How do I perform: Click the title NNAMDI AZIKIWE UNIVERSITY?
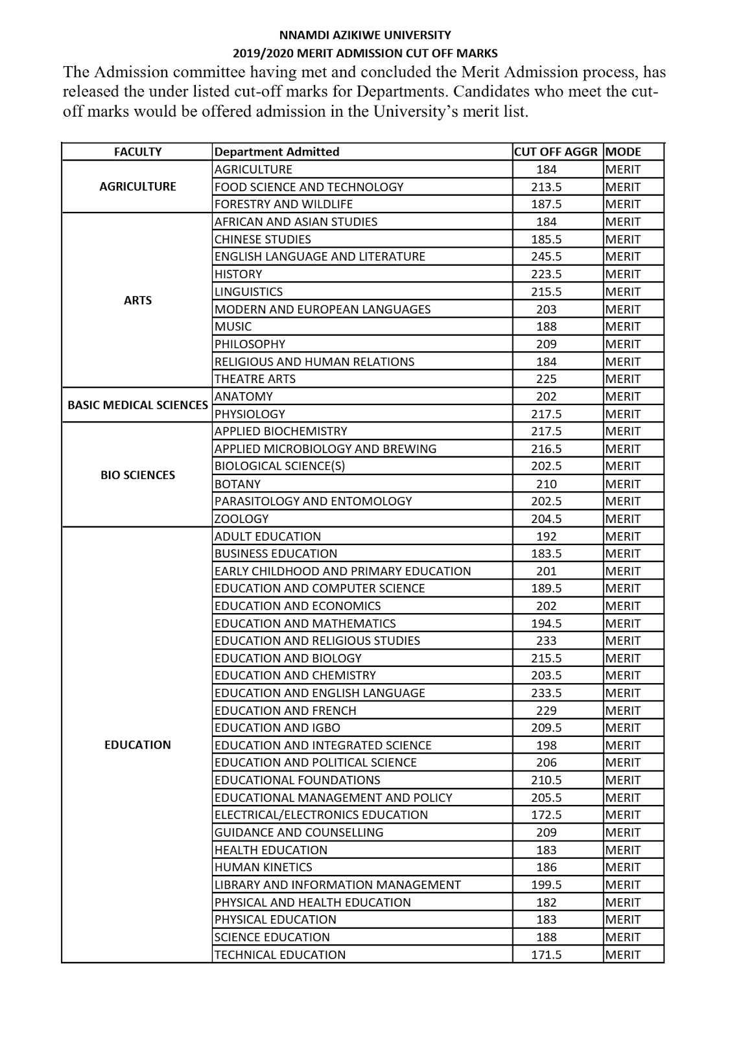(365, 35)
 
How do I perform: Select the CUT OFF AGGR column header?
(556, 152)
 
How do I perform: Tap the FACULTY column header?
(137, 152)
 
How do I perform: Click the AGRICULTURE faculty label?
(137, 187)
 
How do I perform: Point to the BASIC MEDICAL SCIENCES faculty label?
(137, 405)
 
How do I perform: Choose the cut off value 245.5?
(546, 257)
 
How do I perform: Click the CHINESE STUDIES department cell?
(263, 239)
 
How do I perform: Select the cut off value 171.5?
(546, 955)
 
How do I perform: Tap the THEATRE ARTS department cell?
(255, 379)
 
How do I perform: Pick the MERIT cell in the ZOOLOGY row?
(622, 518)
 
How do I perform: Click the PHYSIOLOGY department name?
(250, 414)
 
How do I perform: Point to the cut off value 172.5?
(546, 815)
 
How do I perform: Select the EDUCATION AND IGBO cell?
(277, 728)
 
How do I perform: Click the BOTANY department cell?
(237, 484)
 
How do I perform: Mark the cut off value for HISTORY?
(546, 274)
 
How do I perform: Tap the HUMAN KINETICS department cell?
(263, 867)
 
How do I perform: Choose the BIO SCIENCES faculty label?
(137, 475)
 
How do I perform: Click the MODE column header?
(622, 152)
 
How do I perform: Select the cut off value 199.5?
(546, 885)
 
